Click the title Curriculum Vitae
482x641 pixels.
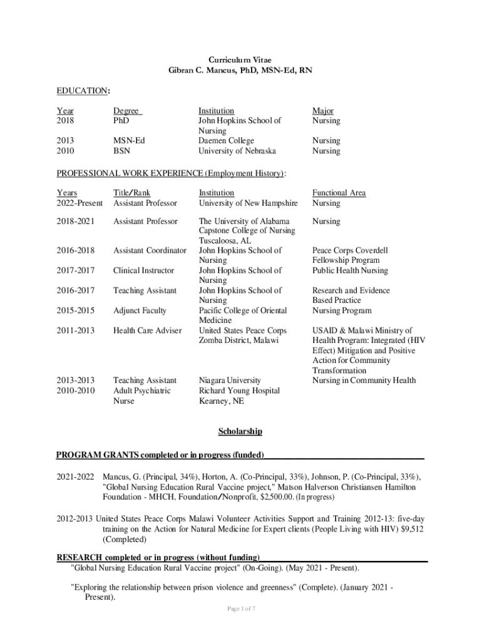point(240,60)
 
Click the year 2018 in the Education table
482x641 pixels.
point(65,121)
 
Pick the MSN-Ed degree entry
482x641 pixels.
point(128,141)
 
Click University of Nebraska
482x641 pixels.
point(237,151)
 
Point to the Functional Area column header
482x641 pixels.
point(339,193)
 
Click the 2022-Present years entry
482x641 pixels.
point(79,203)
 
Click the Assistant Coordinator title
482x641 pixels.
point(150,250)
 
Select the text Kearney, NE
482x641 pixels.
point(221,401)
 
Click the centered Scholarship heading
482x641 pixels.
point(240,431)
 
